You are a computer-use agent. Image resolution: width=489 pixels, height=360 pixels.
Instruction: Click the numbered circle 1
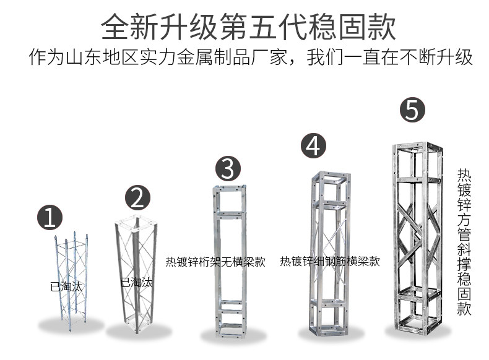click(50, 218)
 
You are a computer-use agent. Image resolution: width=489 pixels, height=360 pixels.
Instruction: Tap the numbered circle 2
click(138, 199)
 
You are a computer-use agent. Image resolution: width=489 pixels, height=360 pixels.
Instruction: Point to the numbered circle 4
click(314, 146)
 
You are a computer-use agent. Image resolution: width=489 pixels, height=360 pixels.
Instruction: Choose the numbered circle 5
click(412, 109)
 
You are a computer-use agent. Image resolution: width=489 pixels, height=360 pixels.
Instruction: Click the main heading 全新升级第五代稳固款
click(248, 27)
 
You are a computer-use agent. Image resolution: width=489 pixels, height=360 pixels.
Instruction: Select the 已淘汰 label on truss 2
click(136, 283)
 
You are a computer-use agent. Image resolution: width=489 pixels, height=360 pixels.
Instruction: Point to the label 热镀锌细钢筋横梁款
click(329, 261)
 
